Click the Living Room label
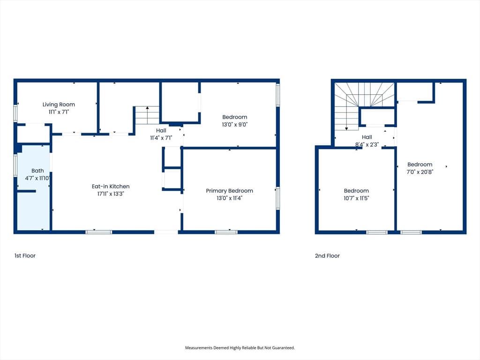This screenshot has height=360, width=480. pyautogui.click(x=59, y=105)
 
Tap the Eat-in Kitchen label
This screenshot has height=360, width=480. pyautogui.click(x=111, y=186)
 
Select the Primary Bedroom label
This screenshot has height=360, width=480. pyautogui.click(x=229, y=191)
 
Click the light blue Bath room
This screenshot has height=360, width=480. pyautogui.click(x=34, y=187)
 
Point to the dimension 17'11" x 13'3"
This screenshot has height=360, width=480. pyautogui.click(x=111, y=194)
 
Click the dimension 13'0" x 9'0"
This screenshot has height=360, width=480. pyautogui.click(x=235, y=125)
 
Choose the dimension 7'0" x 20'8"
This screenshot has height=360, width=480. pyautogui.click(x=420, y=172)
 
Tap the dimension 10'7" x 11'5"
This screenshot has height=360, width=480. pyautogui.click(x=356, y=198)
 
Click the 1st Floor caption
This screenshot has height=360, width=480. pyautogui.click(x=25, y=255)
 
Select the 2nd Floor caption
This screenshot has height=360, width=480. pyautogui.click(x=327, y=255)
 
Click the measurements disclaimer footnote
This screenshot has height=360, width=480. pyautogui.click(x=240, y=348)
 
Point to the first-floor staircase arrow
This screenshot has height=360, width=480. pyautogui.click(x=147, y=115)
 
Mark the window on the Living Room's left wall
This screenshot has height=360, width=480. pyautogui.click(x=15, y=113)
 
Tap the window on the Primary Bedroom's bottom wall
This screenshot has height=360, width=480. pyautogui.click(x=226, y=232)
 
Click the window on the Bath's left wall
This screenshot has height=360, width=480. pyautogui.click(x=15, y=165)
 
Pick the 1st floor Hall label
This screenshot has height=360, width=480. pyautogui.click(x=161, y=130)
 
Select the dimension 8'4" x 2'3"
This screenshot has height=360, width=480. pyautogui.click(x=367, y=144)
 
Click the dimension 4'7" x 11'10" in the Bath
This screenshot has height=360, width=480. pyautogui.click(x=37, y=178)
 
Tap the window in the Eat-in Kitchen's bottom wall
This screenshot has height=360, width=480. pyautogui.click(x=98, y=232)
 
